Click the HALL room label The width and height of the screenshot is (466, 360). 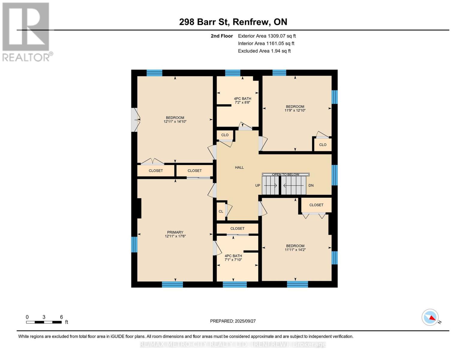tap(239, 167)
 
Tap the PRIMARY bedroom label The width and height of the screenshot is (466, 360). tap(175, 232)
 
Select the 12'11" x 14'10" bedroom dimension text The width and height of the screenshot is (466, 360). tap(175, 122)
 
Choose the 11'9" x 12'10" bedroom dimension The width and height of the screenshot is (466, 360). tap(295, 110)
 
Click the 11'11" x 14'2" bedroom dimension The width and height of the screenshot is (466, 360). tap(295, 250)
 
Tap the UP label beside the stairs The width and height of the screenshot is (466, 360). tap(257, 185)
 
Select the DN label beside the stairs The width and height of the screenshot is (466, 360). tap(311, 185)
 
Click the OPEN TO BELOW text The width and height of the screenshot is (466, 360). tap(285, 174)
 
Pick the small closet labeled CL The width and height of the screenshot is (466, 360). tap(221, 211)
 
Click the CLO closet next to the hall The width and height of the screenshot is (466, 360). tap(225, 135)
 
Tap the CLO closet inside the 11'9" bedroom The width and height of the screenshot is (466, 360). tap(323, 145)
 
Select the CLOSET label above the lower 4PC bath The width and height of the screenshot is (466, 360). tap(237, 229)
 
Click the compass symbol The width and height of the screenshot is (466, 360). tap(430, 317)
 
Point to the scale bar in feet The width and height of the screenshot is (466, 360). tap(44, 322)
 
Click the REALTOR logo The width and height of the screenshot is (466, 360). tap(26, 31)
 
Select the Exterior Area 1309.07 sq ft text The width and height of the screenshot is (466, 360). tap(267, 36)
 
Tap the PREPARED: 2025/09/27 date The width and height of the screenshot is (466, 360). tap(233, 321)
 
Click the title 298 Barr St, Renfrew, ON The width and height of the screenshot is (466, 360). tap(233, 22)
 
